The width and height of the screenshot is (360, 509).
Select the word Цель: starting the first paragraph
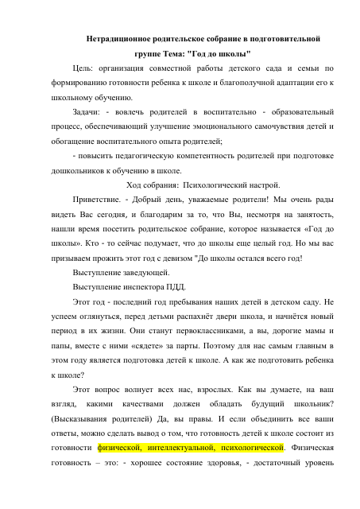84,68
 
